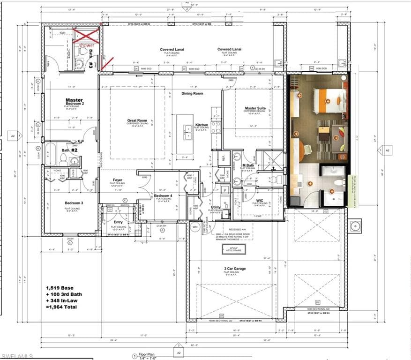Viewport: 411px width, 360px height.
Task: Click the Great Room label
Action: pos(137,120)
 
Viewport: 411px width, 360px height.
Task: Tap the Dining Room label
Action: pos(193,94)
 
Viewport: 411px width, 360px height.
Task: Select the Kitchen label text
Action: pos(202,125)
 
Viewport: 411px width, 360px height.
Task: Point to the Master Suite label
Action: pos(255,108)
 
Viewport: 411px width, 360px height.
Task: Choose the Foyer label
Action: pos(117,180)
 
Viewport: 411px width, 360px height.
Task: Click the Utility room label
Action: pos(216,207)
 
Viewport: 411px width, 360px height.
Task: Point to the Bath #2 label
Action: pos(70,150)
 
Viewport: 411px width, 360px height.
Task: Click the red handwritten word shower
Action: pos(86,45)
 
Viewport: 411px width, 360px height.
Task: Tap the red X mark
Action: pos(86,36)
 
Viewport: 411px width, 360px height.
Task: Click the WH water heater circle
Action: pos(195,227)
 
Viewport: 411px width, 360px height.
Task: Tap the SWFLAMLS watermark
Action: pos(17,356)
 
